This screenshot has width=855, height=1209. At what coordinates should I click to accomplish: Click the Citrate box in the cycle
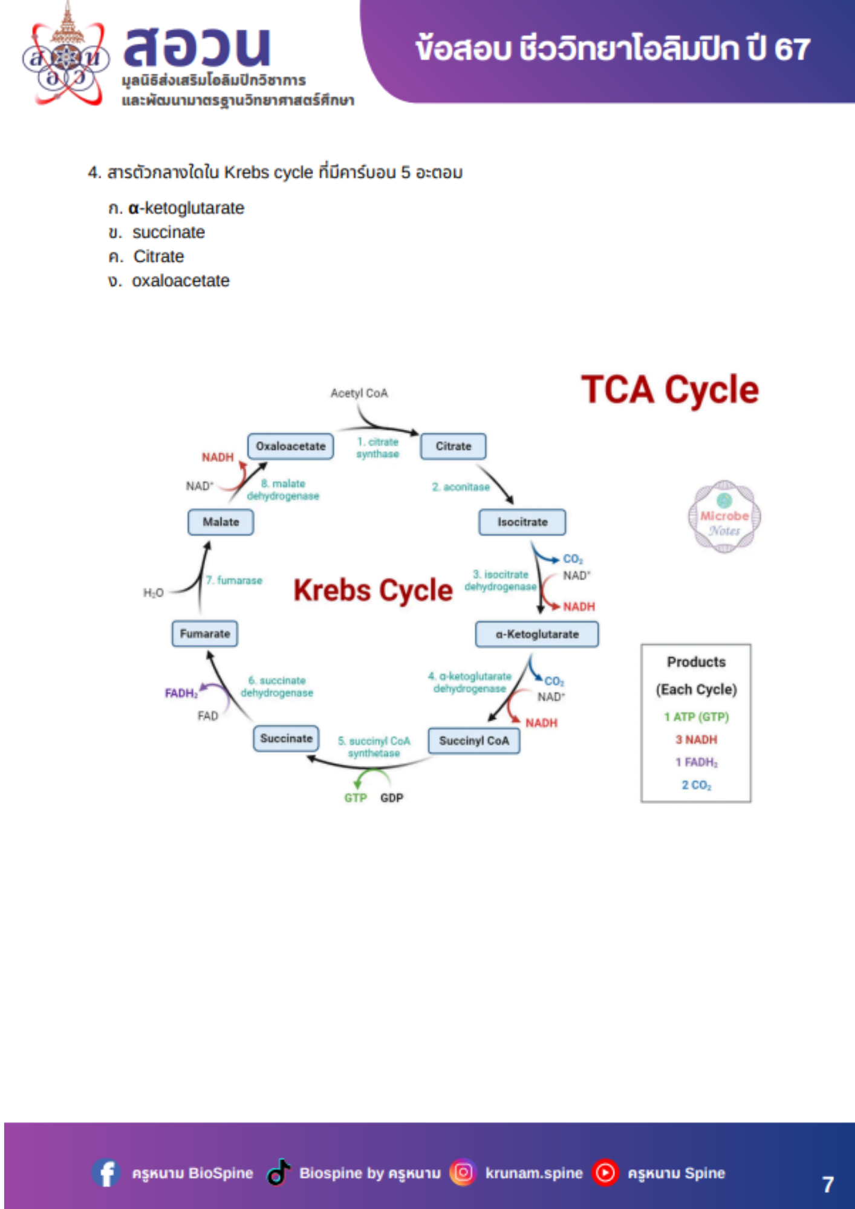coord(453,446)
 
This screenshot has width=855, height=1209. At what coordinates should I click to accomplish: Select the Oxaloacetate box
coord(290,446)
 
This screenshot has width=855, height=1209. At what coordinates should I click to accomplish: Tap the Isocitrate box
coord(522,522)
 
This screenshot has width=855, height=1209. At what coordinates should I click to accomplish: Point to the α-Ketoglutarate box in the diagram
coord(537,634)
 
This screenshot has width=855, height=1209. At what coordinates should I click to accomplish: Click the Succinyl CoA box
coord(473,741)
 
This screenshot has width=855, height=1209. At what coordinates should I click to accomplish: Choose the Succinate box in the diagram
coord(286,738)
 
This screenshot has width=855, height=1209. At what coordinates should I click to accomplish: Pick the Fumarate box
coord(204,634)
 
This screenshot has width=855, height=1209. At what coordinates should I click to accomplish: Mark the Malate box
coord(220,522)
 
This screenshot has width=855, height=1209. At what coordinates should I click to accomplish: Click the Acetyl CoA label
coord(359,393)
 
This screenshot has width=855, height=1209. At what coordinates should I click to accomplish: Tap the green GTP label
coord(355,798)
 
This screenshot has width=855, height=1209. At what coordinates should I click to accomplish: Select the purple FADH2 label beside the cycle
coord(181,693)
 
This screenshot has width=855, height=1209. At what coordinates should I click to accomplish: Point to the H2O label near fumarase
coord(153,593)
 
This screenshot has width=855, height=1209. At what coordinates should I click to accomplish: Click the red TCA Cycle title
coord(669,390)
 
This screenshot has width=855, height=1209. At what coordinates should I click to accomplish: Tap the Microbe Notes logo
coord(724,517)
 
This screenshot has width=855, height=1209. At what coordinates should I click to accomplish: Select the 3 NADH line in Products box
coord(696,739)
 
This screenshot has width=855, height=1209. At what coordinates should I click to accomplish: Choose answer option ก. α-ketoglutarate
coord(177,208)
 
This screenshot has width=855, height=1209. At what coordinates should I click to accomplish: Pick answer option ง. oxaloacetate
coord(169,280)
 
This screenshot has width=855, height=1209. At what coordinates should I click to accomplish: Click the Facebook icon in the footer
coord(106,1173)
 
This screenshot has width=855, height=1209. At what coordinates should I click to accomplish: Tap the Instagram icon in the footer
coord(463,1173)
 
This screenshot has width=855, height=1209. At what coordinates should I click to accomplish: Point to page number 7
coord(828,1184)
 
